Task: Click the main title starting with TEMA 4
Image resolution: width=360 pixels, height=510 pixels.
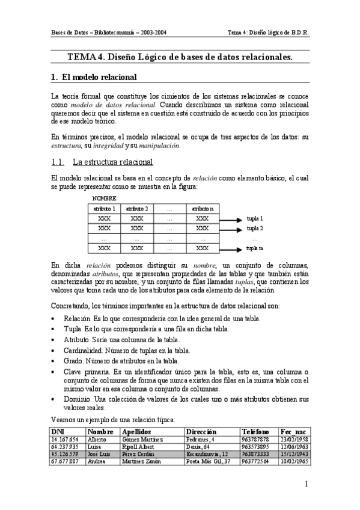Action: click(x=180, y=57)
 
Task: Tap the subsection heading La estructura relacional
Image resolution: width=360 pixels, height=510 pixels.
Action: click(x=112, y=162)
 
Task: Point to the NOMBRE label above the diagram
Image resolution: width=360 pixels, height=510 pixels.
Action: click(x=105, y=198)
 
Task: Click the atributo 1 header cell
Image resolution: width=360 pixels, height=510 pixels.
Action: click(x=105, y=208)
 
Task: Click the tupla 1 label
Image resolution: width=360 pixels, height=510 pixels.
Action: click(x=255, y=218)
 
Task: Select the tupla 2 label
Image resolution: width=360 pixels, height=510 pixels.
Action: click(x=255, y=229)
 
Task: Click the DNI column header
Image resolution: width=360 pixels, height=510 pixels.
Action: click(x=58, y=432)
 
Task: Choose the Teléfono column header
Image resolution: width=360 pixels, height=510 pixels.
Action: click(x=254, y=432)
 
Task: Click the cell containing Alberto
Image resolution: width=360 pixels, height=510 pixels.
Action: click(x=97, y=440)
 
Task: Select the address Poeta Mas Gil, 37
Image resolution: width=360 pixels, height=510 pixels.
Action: click(x=209, y=461)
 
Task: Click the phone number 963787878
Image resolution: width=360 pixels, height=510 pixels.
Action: click(x=255, y=440)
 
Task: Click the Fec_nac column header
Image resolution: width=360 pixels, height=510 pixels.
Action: click(x=293, y=432)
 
